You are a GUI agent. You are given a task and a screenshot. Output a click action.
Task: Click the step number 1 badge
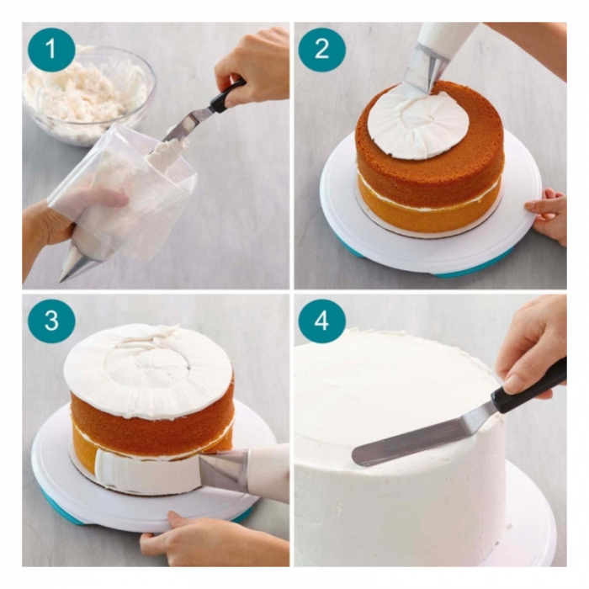click(x=51, y=49)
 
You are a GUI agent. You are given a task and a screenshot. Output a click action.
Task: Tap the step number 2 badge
click(x=322, y=49)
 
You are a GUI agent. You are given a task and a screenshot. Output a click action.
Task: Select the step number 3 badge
click(x=51, y=321)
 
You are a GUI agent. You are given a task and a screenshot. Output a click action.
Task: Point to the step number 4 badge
click(x=322, y=321)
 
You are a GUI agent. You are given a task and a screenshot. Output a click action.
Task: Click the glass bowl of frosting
click(x=89, y=95)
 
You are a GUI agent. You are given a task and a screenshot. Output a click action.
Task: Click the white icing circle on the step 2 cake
click(x=417, y=124)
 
